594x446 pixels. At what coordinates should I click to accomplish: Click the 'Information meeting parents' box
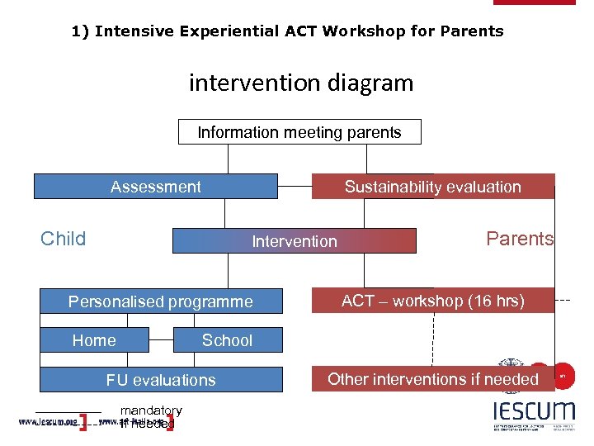[299, 132]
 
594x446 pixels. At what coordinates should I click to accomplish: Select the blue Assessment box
[155, 187]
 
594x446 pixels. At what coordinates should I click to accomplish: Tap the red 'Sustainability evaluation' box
[432, 187]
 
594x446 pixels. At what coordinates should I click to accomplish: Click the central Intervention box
[295, 241]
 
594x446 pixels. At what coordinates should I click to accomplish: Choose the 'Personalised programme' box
[161, 301]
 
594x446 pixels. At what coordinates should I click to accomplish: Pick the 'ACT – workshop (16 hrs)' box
[432, 301]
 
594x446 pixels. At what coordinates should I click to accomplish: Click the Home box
[94, 340]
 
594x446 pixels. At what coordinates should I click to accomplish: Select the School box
[228, 340]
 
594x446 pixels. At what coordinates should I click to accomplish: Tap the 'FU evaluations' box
[161, 380]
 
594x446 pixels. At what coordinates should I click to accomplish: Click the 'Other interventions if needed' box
[432, 379]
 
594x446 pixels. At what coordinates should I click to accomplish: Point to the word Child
[64, 239]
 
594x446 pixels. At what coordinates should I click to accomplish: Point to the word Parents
[520, 239]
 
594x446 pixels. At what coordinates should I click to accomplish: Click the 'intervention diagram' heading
[300, 83]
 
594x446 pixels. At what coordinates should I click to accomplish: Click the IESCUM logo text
[534, 410]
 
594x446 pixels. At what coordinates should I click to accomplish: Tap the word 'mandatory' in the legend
[151, 410]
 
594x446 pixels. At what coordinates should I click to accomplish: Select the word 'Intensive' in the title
[130, 31]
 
